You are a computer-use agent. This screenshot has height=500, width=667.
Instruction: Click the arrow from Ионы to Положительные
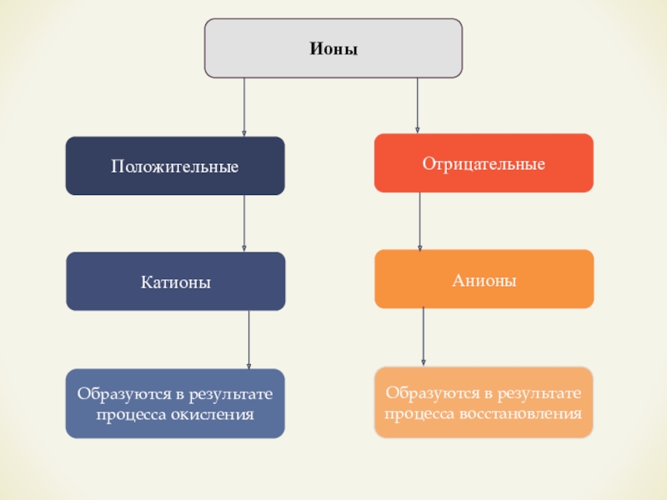click(x=244, y=107)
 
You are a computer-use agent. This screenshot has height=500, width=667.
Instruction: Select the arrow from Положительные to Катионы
click(x=244, y=222)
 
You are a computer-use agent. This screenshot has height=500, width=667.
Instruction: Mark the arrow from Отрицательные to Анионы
click(x=419, y=221)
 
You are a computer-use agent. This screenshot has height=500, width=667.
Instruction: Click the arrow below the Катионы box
click(x=248, y=339)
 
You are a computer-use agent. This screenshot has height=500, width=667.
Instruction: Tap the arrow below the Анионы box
click(x=424, y=336)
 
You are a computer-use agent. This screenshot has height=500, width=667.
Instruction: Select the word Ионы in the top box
click(x=333, y=49)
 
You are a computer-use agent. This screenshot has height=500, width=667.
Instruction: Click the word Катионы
click(x=176, y=283)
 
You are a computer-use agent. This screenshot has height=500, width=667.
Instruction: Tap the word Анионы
click(x=484, y=281)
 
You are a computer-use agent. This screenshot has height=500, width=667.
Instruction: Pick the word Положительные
click(x=175, y=167)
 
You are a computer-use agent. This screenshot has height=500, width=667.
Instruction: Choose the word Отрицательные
click(x=484, y=164)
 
